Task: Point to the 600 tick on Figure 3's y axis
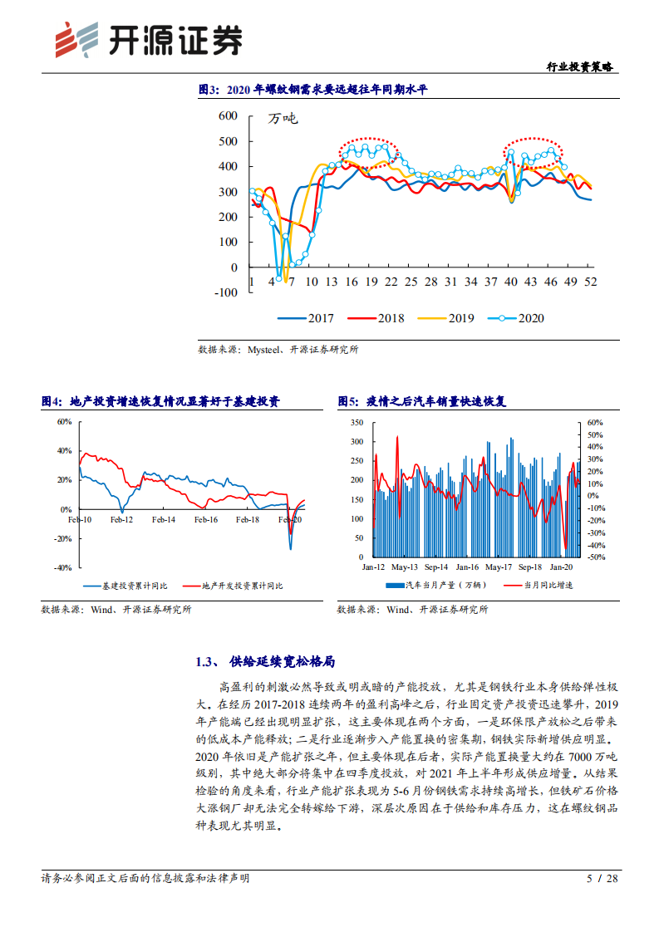227,115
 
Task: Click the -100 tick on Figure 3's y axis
224,292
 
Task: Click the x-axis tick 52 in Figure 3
591,282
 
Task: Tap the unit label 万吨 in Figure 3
282,119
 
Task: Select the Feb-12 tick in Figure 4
121,519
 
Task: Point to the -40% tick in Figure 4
62,568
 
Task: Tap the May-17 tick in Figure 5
498,567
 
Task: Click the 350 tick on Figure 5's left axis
357,422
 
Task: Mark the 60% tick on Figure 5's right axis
594,422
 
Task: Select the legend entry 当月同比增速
548,586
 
